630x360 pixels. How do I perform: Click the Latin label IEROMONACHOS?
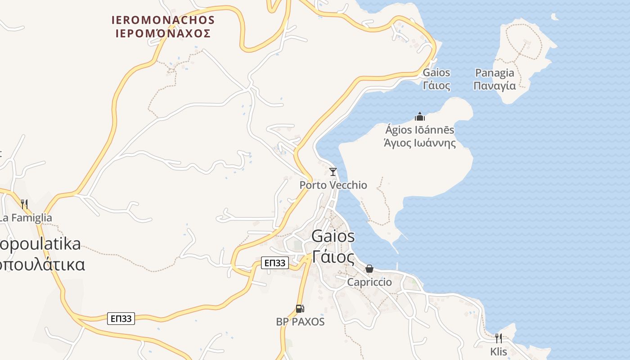pyautogui.click(x=163, y=20)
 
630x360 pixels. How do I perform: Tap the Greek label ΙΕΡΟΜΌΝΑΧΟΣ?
pyautogui.click(x=163, y=34)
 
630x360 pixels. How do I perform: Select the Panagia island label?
pyautogui.click(x=495, y=73)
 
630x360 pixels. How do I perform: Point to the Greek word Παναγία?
pyautogui.click(x=495, y=85)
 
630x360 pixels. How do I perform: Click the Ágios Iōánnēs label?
pyautogui.click(x=420, y=130)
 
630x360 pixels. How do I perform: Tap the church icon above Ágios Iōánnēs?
pyautogui.click(x=420, y=117)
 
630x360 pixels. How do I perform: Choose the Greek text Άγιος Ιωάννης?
pyautogui.click(x=420, y=143)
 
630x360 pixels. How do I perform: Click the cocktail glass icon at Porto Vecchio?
pyautogui.click(x=333, y=172)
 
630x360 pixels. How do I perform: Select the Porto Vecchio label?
pyautogui.click(x=333, y=185)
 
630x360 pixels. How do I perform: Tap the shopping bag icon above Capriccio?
pyautogui.click(x=369, y=269)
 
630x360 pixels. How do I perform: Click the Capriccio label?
pyautogui.click(x=369, y=282)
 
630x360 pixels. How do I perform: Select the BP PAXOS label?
pyautogui.click(x=300, y=322)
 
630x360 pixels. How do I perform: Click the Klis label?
pyautogui.click(x=499, y=351)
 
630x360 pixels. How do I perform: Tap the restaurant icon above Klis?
pyautogui.click(x=499, y=338)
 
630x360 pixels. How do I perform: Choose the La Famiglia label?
pyautogui.click(x=26, y=218)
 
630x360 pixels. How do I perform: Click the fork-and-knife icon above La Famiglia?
pyautogui.click(x=24, y=204)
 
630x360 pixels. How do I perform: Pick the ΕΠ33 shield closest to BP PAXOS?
pyautogui.click(x=274, y=263)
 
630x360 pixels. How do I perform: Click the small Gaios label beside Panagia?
pyautogui.click(x=436, y=73)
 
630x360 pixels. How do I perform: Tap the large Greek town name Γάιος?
pyautogui.click(x=333, y=257)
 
